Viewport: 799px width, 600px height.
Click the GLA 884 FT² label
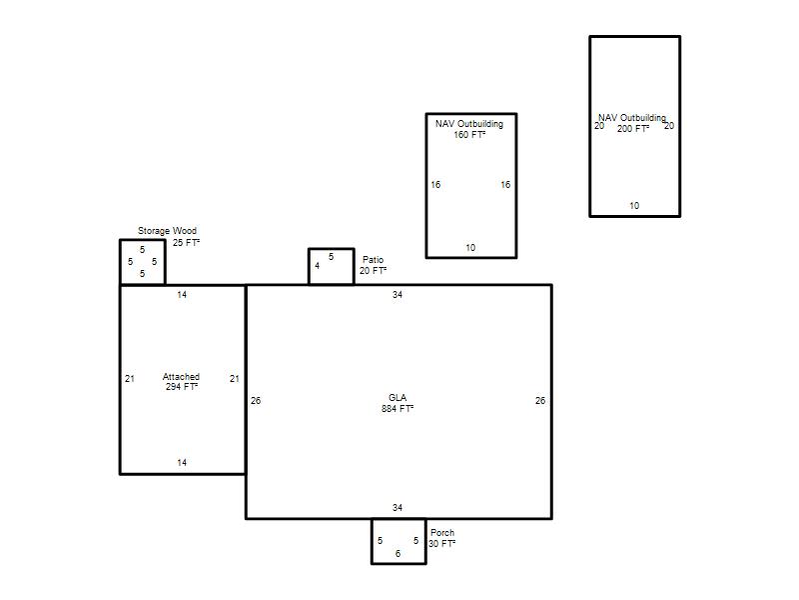(x=398, y=403)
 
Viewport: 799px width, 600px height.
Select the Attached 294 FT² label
(x=182, y=382)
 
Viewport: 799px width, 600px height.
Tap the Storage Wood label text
(x=167, y=231)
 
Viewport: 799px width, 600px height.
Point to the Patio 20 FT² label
(x=373, y=265)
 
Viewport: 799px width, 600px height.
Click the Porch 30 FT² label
(x=441, y=538)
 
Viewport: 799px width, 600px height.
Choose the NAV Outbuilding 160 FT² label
(x=469, y=129)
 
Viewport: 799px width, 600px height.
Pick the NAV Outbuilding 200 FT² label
(x=632, y=123)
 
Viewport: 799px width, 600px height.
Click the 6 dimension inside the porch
(x=398, y=554)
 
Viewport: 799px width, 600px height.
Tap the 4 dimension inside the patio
(x=317, y=266)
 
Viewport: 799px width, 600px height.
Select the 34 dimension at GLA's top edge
(x=398, y=294)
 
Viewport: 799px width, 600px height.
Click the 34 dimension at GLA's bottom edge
(x=398, y=508)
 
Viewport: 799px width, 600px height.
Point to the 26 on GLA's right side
(x=540, y=401)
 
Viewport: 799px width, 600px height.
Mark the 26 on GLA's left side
(x=256, y=401)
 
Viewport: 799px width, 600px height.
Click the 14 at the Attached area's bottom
(x=182, y=463)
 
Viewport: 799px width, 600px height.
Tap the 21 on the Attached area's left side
(x=130, y=379)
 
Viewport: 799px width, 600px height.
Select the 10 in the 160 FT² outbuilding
(x=470, y=247)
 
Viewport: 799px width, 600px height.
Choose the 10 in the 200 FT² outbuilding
(x=634, y=206)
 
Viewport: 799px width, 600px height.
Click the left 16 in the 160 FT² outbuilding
(x=435, y=185)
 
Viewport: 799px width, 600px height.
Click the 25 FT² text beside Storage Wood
(x=186, y=242)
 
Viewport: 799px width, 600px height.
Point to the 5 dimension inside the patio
(x=332, y=257)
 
